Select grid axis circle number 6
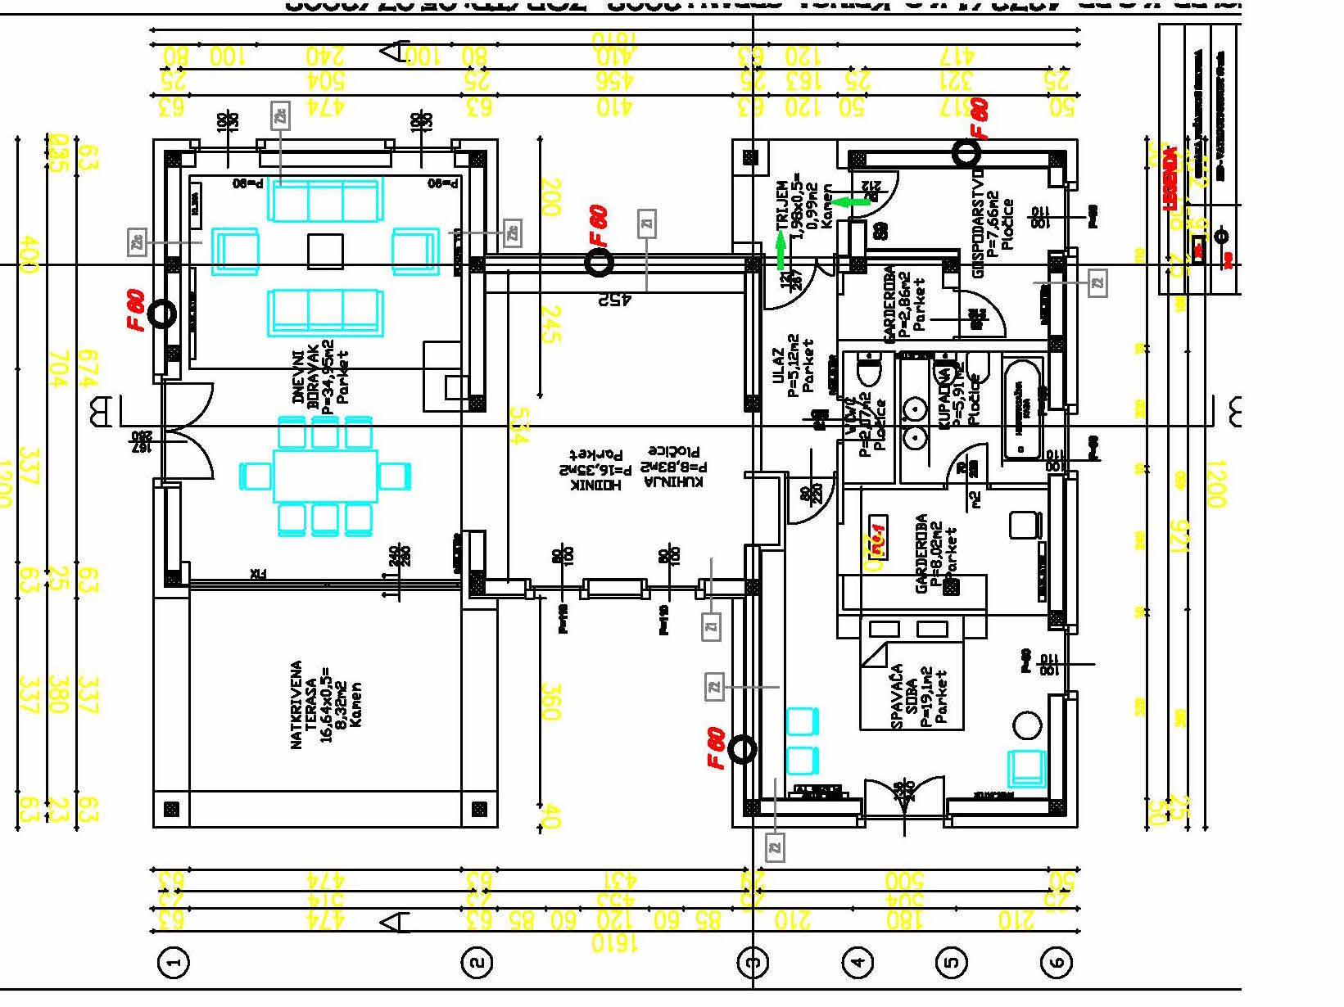click(x=1056, y=962)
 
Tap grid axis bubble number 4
click(x=858, y=962)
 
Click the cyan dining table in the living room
click(x=325, y=476)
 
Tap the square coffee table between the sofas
click(x=325, y=251)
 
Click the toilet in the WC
click(x=868, y=373)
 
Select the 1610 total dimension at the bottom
click(x=614, y=943)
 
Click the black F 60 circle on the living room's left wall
click(x=161, y=314)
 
